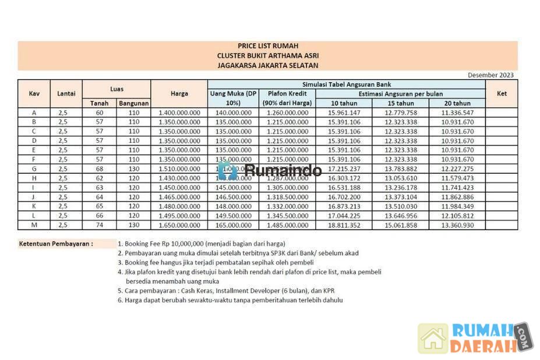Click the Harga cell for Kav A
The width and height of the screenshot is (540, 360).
(x=179, y=112)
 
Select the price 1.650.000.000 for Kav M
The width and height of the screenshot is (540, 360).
(x=179, y=225)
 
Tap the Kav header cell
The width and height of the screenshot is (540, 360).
(x=34, y=93)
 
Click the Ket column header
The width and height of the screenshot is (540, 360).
(x=502, y=93)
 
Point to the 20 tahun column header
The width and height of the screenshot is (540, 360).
(x=457, y=103)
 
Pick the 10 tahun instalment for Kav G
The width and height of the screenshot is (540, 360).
(x=344, y=169)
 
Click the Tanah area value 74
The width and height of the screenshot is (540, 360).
(x=99, y=225)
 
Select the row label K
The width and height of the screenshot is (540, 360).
(x=34, y=206)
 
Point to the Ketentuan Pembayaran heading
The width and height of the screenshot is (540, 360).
(x=56, y=243)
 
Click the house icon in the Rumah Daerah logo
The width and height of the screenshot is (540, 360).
(x=433, y=338)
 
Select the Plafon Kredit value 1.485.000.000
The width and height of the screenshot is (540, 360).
(x=287, y=225)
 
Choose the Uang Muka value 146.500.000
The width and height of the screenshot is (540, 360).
(x=233, y=197)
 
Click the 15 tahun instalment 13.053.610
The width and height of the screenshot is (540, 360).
(x=401, y=178)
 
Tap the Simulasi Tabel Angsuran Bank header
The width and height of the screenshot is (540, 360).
(x=346, y=84)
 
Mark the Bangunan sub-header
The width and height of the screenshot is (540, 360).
(x=133, y=103)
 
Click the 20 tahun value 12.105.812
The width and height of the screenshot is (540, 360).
(x=457, y=216)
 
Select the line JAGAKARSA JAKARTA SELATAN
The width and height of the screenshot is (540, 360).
(x=267, y=65)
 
